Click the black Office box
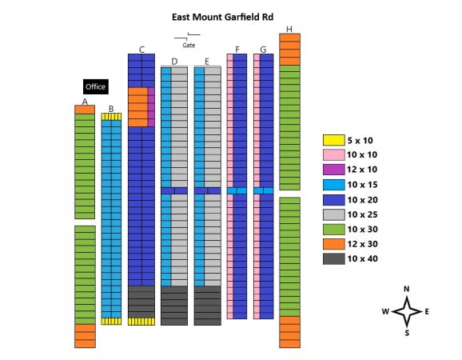point(96,86)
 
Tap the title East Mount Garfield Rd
point(222,17)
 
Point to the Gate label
point(189,46)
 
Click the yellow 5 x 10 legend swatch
point(334,140)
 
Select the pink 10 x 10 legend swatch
point(334,154)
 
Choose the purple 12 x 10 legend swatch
point(334,170)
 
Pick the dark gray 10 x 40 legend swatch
point(334,259)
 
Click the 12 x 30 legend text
point(362,244)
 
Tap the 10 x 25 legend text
point(362,214)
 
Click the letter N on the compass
point(407,289)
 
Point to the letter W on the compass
point(385,312)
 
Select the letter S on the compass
point(407,333)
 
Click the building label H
point(289,29)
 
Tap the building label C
point(141,50)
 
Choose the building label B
point(111,109)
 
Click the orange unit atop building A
point(85,110)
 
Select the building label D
point(174,62)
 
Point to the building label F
point(237,50)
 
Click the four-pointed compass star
point(407,311)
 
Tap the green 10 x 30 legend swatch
point(334,230)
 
